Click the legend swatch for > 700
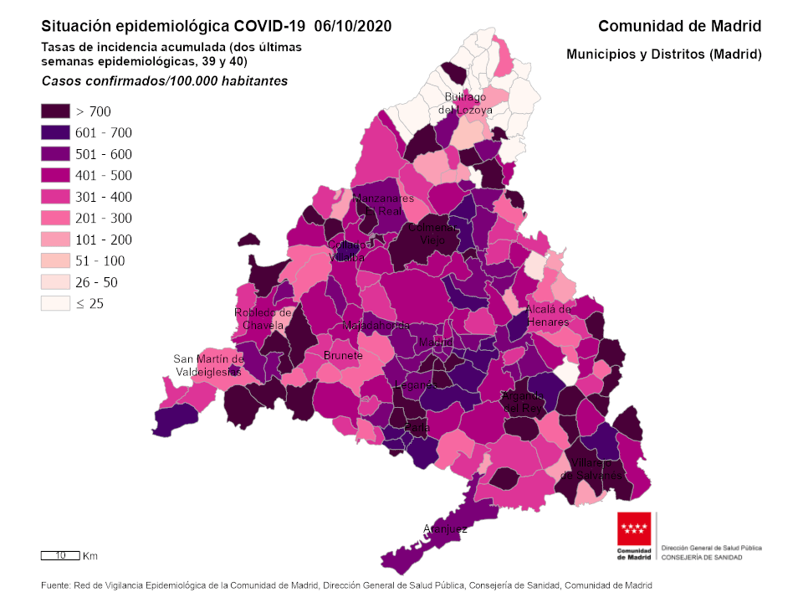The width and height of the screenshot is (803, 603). pos(55,111)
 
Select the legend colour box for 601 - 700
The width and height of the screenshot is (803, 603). pos(55,132)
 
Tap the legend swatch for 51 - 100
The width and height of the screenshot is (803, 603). pos(55,260)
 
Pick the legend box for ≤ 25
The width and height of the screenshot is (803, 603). pos(55,303)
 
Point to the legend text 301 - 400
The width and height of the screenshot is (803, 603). pos(104,197)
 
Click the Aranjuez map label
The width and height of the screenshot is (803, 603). pos(445,528)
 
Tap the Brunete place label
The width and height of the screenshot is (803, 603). pos(344,355)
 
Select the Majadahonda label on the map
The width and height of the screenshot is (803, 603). pos(376,325)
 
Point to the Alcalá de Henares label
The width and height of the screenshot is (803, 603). pos(548,316)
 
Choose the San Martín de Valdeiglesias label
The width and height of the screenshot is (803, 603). pos(207,365)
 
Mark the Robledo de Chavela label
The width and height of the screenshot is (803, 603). pos(263,318)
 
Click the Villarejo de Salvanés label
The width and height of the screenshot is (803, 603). pos(591,469)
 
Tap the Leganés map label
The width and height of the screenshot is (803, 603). pos(416,385)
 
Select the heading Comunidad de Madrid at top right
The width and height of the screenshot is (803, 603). pos(679,26)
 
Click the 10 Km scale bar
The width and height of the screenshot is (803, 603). pos(61,555)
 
